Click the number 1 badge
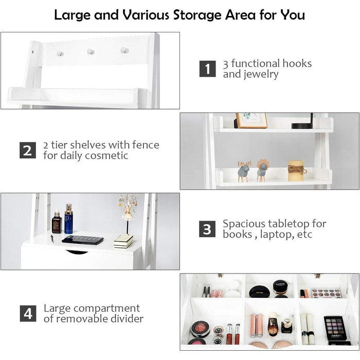coord(207,68)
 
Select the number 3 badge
coord(207,229)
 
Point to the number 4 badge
coord(28,313)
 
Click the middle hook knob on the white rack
coord(91,51)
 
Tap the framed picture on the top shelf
coord(251,120)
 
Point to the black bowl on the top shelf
coord(302,125)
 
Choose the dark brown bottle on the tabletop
coord(57,223)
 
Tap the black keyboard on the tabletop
coord(82,240)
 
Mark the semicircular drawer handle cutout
coord(77,251)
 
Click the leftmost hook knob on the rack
coord(60,53)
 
